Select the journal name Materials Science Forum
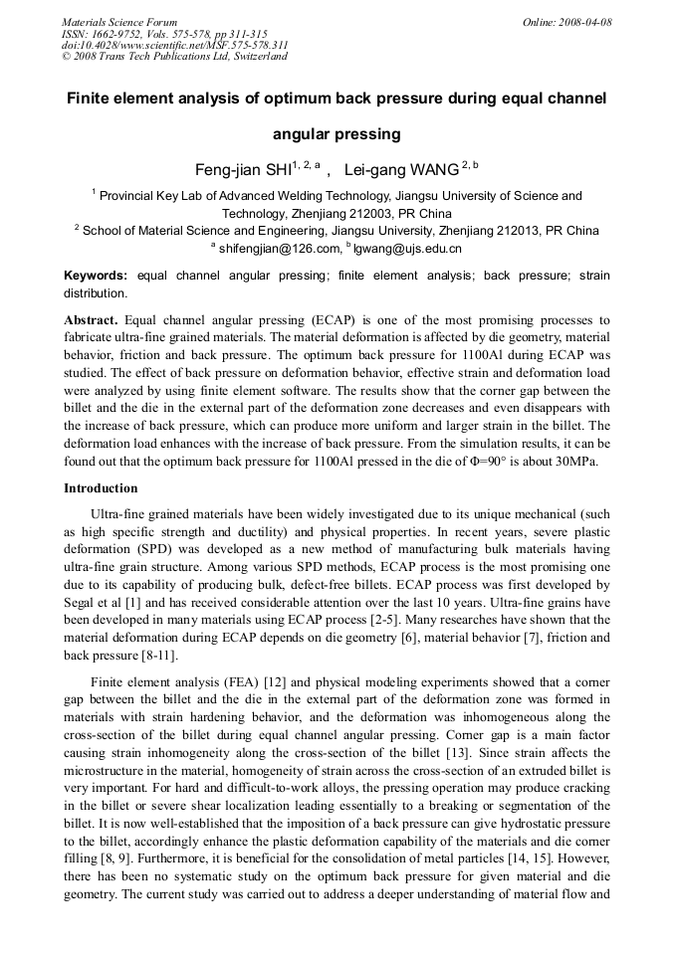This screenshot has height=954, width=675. point(119,22)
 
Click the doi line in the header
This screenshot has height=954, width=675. point(174,45)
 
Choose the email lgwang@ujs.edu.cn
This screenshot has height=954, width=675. point(407,248)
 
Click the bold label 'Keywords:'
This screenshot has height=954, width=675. point(96,275)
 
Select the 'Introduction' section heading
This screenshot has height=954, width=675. point(101,488)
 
